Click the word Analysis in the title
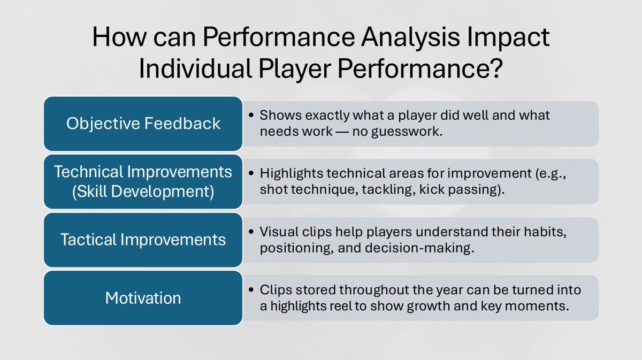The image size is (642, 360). pyautogui.click(x=410, y=37)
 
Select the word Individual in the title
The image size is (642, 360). pyautogui.click(x=195, y=68)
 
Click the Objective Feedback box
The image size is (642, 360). pyautogui.click(x=143, y=124)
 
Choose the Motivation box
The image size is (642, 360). pyautogui.click(x=143, y=298)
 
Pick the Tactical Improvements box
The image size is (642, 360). pyautogui.click(x=143, y=240)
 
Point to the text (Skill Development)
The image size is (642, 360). pyautogui.click(x=143, y=192)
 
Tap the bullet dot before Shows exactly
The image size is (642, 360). pyautogui.click(x=251, y=115)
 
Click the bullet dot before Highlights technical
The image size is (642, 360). pyautogui.click(x=251, y=173)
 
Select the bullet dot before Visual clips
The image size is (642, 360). pyautogui.click(x=251, y=232)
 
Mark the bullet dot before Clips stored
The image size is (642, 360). pyautogui.click(x=251, y=289)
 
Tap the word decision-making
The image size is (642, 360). pyautogui.click(x=419, y=248)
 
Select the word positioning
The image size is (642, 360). pyautogui.click(x=296, y=248)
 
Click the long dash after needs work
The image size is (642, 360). pyautogui.click(x=342, y=132)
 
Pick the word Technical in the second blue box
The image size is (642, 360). pyautogui.click(x=89, y=172)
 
